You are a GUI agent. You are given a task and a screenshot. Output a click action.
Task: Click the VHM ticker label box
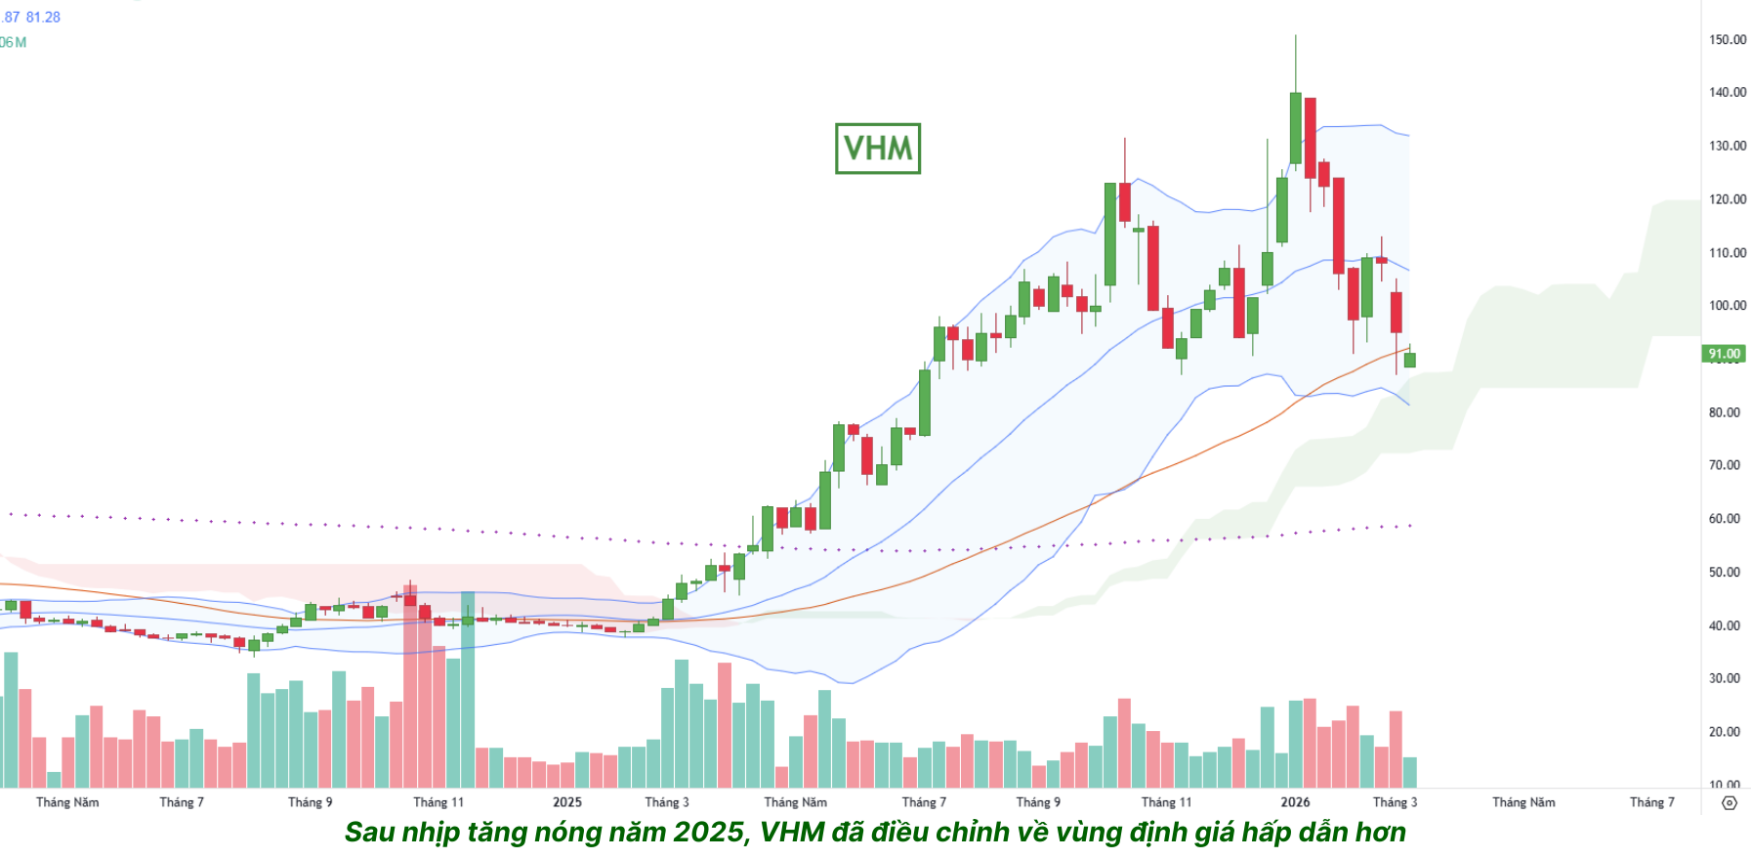[x=877, y=149]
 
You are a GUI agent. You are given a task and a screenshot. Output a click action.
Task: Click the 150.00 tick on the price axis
[x=1727, y=40]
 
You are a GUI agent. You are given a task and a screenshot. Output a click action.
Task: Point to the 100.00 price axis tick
[x=1727, y=306]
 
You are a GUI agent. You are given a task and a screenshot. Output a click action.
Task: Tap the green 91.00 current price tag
[x=1724, y=354]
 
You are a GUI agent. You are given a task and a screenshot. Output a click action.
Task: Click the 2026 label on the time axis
[x=1295, y=802]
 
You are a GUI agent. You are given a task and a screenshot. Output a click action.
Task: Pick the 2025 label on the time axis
[x=567, y=802]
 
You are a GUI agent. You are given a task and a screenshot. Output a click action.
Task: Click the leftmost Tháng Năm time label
[x=67, y=802]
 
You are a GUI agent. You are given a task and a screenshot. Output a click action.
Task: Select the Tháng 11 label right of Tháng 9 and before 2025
[x=438, y=802]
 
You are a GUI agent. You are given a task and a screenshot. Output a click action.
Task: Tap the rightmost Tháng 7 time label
[x=1651, y=802]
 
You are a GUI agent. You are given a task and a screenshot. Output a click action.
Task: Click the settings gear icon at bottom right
[x=1730, y=803]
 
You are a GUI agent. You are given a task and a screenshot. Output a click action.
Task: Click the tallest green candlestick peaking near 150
[x=1295, y=127]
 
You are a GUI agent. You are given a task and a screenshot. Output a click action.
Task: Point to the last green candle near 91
[x=1409, y=361]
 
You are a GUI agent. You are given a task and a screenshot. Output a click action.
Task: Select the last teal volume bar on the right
[x=1409, y=772]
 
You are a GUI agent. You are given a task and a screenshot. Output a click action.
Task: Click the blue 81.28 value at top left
[x=43, y=18]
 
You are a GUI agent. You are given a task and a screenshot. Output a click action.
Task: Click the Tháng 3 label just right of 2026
[x=1395, y=802]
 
